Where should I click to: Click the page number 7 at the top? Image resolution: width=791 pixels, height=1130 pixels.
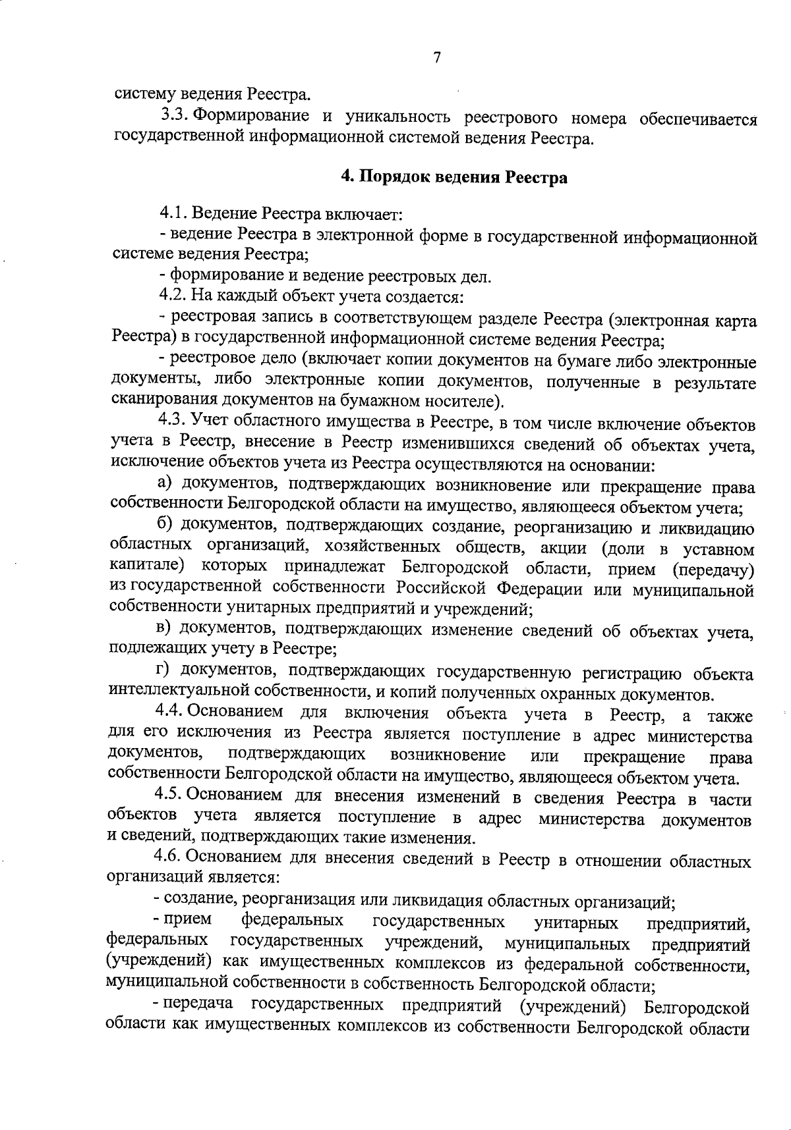(x=436, y=58)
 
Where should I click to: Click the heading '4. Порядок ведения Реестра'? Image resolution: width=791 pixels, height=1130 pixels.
(x=454, y=178)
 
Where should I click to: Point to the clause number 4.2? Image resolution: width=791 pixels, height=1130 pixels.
(x=173, y=297)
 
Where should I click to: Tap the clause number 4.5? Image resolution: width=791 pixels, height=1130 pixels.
(x=169, y=796)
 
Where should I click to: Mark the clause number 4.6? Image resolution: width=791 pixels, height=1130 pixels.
(x=169, y=859)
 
